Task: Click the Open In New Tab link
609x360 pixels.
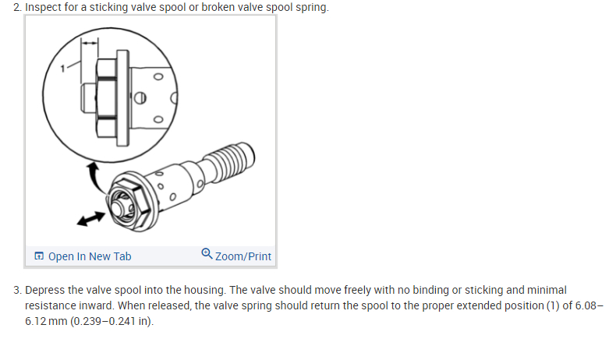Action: click(x=90, y=256)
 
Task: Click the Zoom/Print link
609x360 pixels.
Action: click(x=243, y=256)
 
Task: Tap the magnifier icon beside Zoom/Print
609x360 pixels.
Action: click(x=207, y=254)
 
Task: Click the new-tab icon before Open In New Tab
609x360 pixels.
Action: click(x=39, y=256)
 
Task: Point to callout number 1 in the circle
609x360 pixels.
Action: click(x=62, y=69)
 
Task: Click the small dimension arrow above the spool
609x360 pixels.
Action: click(x=90, y=43)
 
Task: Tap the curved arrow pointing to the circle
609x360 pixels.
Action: click(x=94, y=177)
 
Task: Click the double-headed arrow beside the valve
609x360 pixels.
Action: click(x=91, y=218)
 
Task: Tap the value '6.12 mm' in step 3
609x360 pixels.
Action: click(x=46, y=321)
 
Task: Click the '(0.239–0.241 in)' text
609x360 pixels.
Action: click(x=112, y=321)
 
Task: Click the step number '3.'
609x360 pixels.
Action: click(x=17, y=290)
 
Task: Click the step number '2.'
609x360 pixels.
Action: click(x=17, y=7)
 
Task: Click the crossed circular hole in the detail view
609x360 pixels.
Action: click(x=140, y=97)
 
